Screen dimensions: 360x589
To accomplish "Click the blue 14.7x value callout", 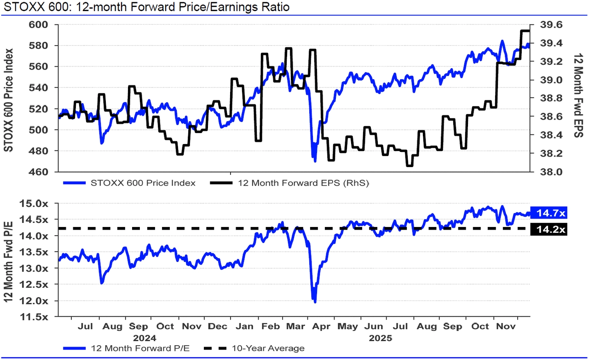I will click(x=549, y=213).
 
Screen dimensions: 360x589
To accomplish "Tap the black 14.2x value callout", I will click(x=549, y=229).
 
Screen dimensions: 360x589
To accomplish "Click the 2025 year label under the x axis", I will click(x=380, y=337).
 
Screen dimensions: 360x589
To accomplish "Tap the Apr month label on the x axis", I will click(x=321, y=326).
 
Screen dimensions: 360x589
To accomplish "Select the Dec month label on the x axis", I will click(x=218, y=326).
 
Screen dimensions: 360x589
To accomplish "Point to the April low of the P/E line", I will click(x=315, y=302).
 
